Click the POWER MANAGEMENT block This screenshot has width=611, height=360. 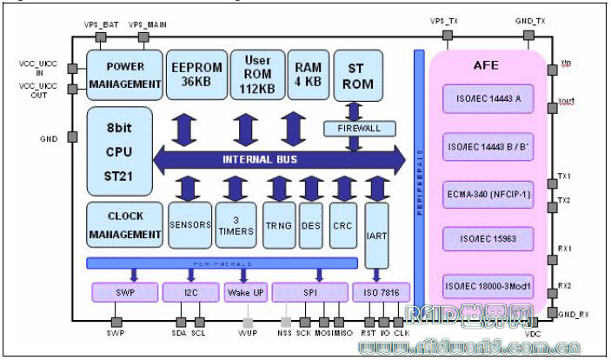tap(125, 76)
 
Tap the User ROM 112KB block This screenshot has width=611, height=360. tap(256, 74)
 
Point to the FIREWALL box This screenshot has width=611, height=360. tap(359, 129)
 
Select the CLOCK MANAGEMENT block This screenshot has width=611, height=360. tap(125, 224)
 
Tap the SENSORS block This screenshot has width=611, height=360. tap(190, 224)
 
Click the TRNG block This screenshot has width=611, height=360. tap(279, 224)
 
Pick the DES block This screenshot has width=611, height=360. tap(310, 224)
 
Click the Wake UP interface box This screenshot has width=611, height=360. tap(245, 293)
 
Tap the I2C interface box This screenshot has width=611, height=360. tap(189, 293)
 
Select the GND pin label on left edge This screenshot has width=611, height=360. tap(49, 139)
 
